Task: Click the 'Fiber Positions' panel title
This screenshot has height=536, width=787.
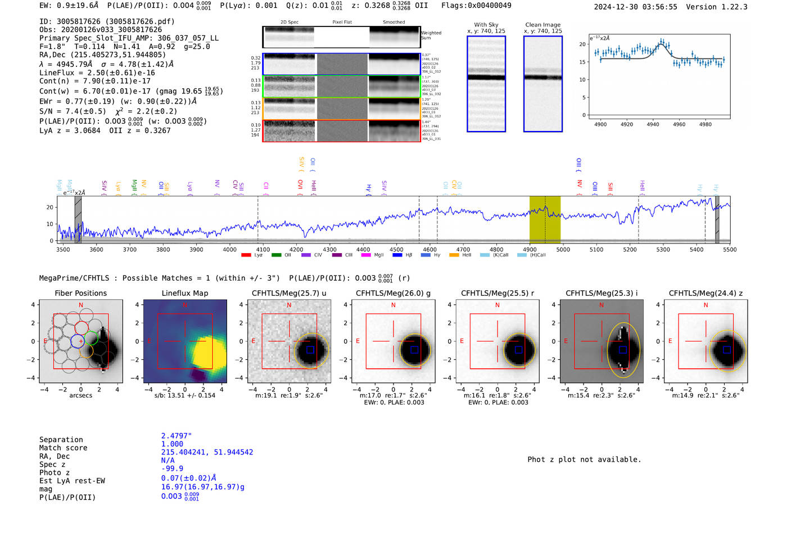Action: click(80, 293)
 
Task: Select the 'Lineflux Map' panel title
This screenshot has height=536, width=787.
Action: click(185, 293)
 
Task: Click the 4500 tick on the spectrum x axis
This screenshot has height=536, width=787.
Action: click(396, 249)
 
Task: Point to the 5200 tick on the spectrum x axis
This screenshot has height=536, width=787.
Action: click(630, 249)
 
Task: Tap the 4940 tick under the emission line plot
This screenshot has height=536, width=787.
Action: click(653, 124)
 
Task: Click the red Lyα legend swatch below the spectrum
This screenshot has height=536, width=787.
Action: click(246, 255)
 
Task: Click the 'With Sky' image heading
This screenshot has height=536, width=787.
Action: click(486, 25)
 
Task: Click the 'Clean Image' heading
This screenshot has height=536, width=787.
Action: click(542, 25)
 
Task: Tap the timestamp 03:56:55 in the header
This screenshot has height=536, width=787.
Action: click(658, 7)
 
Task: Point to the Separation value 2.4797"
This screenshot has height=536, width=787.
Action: click(177, 436)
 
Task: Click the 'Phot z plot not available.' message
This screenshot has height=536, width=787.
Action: click(584, 460)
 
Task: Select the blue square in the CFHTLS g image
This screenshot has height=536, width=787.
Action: click(414, 350)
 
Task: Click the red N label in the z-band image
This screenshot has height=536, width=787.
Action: click(705, 305)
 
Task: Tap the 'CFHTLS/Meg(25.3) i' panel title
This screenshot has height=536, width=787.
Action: click(601, 293)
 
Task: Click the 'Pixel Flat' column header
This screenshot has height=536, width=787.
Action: click(342, 22)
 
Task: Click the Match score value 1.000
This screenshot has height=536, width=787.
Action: click(172, 444)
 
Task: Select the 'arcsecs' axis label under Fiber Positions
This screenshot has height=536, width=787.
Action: click(80, 395)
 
